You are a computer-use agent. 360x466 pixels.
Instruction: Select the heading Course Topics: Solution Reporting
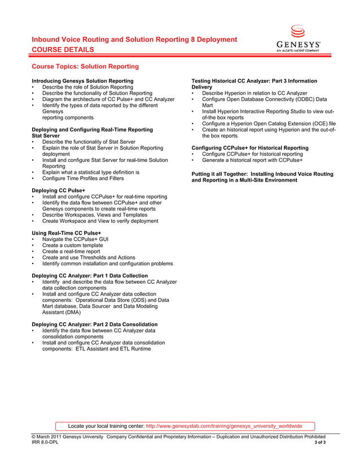coord(85,67)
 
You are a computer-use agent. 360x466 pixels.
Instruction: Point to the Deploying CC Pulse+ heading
coord(58,191)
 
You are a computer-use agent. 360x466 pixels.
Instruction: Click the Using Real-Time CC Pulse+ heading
coord(66,233)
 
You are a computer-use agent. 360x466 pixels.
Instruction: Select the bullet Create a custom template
coord(72,245)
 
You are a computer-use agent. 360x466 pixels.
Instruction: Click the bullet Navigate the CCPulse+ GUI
coord(75,239)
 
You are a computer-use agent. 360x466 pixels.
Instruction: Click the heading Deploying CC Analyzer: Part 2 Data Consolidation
coord(94,324)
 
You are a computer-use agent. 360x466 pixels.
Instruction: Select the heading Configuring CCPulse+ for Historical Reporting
coord(250,148)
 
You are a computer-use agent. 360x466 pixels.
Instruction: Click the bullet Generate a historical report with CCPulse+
coord(252,160)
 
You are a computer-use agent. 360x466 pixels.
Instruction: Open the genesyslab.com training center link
coord(224,426)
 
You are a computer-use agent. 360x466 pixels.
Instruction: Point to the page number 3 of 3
coord(319,443)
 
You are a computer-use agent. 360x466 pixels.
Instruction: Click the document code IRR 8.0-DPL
coord(45,443)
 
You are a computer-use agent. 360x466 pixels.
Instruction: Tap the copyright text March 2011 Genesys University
coord(67,437)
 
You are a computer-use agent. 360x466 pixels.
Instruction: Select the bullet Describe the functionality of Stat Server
coord(89,142)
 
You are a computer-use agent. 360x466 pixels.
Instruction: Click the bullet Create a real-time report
coord(70,252)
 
